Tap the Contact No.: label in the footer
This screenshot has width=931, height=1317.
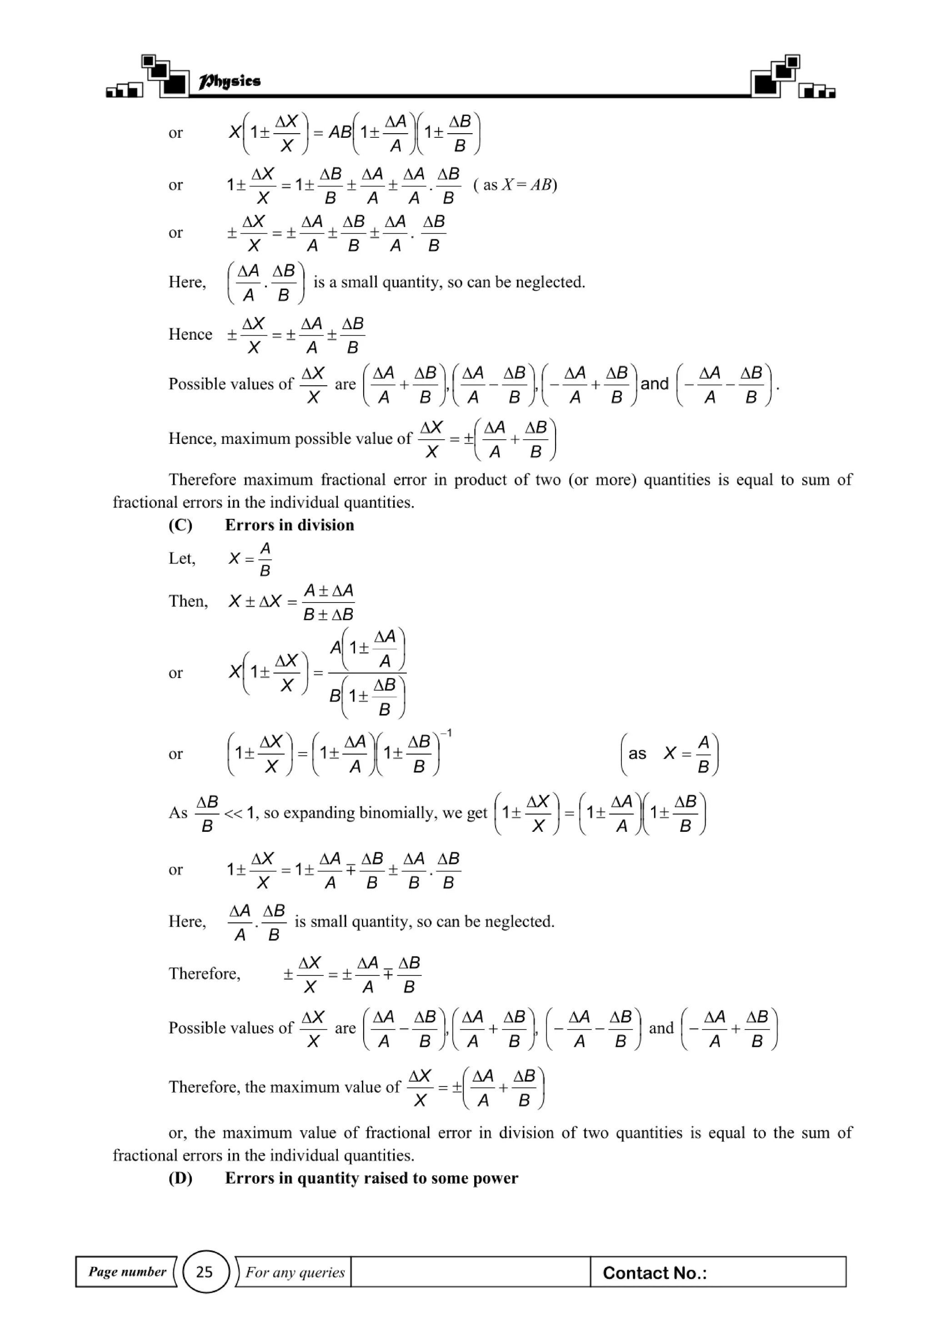(x=654, y=1273)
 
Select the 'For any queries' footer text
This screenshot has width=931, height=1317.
(x=295, y=1272)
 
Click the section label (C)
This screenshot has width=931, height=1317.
(x=180, y=525)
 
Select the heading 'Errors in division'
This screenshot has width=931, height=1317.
(x=289, y=525)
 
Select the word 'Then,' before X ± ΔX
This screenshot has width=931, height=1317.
(x=187, y=601)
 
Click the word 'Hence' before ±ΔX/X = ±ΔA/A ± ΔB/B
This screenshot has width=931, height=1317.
(x=190, y=334)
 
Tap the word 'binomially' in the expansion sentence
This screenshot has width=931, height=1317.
(x=397, y=813)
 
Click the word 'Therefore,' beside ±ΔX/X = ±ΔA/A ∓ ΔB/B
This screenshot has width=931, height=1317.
(x=204, y=973)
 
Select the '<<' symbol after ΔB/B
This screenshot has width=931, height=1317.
(x=233, y=813)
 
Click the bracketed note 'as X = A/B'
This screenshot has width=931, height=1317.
(x=670, y=754)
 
